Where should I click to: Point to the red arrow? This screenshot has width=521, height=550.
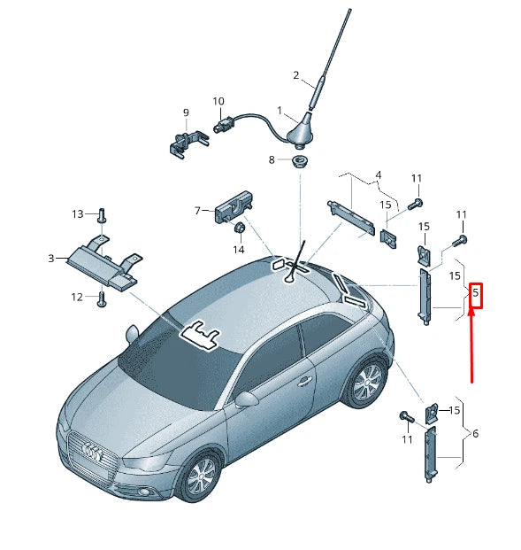pyautogui.click(x=471, y=345)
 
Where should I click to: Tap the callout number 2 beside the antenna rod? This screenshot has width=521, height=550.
pyautogui.click(x=296, y=75)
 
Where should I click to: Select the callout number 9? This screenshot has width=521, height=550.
pyautogui.click(x=186, y=112)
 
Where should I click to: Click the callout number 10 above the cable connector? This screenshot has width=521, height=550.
pyautogui.click(x=218, y=102)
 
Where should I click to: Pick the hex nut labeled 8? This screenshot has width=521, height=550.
pyautogui.click(x=301, y=160)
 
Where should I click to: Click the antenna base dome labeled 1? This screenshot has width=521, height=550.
pyautogui.click(x=304, y=134)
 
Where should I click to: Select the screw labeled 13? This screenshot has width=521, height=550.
pyautogui.click(x=102, y=215)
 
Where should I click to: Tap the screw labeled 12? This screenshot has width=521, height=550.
pyautogui.click(x=102, y=298)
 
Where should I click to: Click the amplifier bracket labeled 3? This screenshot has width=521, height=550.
pyautogui.click(x=102, y=262)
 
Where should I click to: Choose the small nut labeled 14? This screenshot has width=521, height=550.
pyautogui.click(x=239, y=230)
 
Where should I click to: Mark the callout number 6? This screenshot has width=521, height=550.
pyautogui.click(x=475, y=434)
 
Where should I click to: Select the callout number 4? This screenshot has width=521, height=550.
pyautogui.click(x=378, y=174)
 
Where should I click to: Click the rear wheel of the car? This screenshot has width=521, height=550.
pyautogui.click(x=365, y=383)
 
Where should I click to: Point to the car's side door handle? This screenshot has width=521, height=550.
pyautogui.click(x=304, y=382)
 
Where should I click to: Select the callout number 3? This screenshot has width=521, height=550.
pyautogui.click(x=51, y=258)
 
